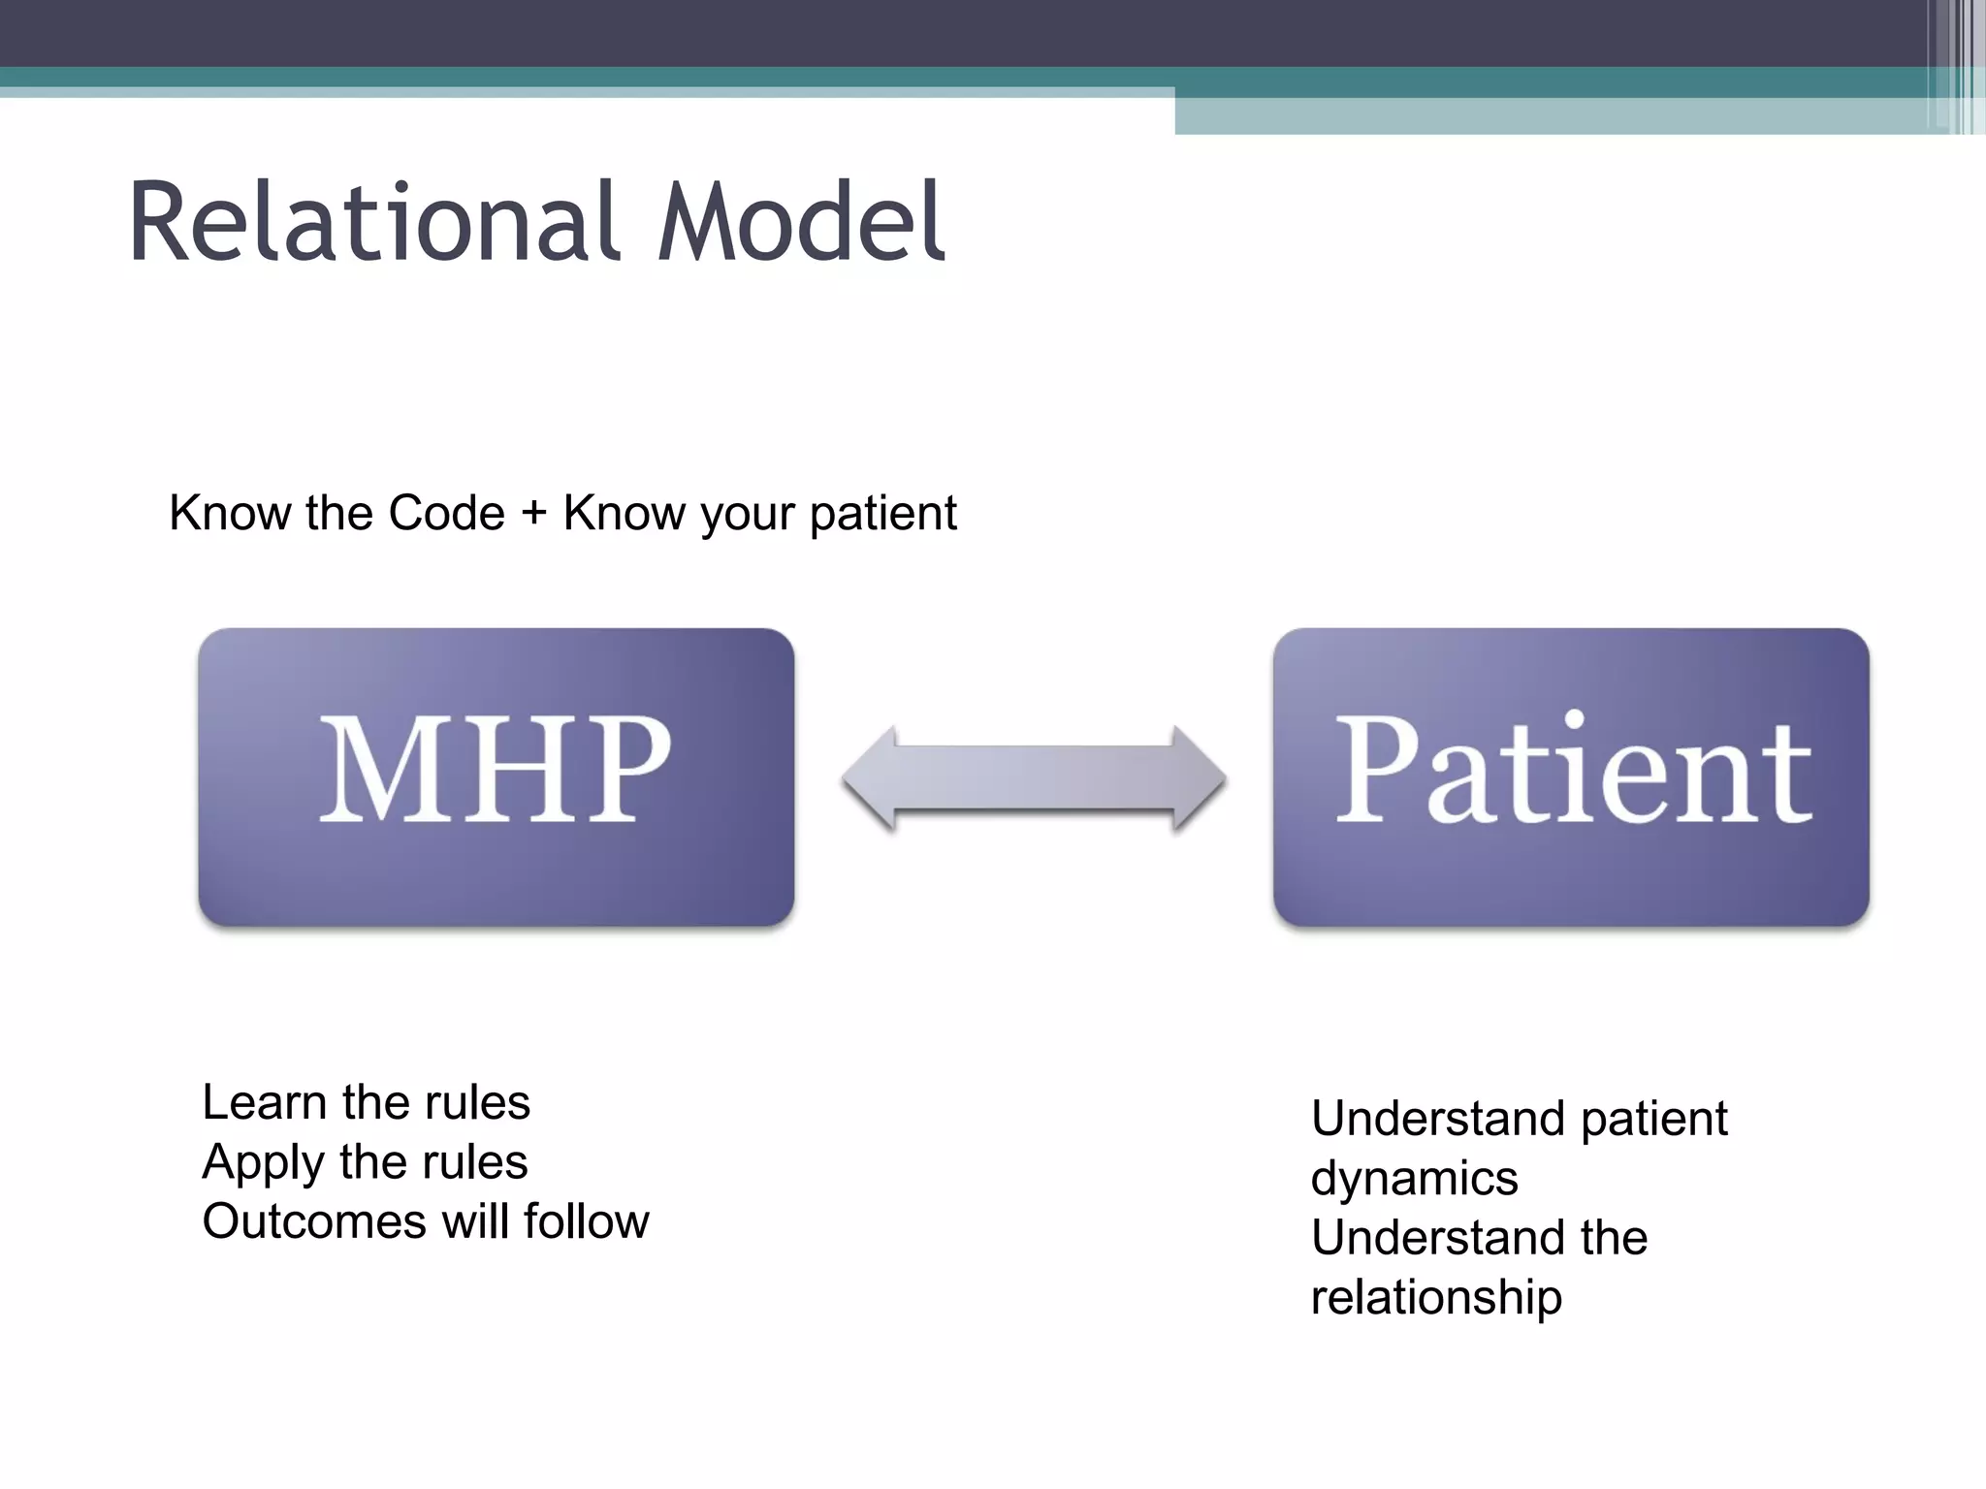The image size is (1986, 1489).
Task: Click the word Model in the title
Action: (800, 223)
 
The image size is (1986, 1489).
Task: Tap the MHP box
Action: (496, 776)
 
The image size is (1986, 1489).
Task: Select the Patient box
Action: (1571, 776)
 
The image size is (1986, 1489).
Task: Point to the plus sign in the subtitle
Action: (533, 513)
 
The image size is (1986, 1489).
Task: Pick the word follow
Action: (587, 1221)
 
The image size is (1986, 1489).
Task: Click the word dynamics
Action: (1414, 1179)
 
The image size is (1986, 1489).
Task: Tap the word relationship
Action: (1436, 1297)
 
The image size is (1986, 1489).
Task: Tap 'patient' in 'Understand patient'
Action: (1653, 1120)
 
